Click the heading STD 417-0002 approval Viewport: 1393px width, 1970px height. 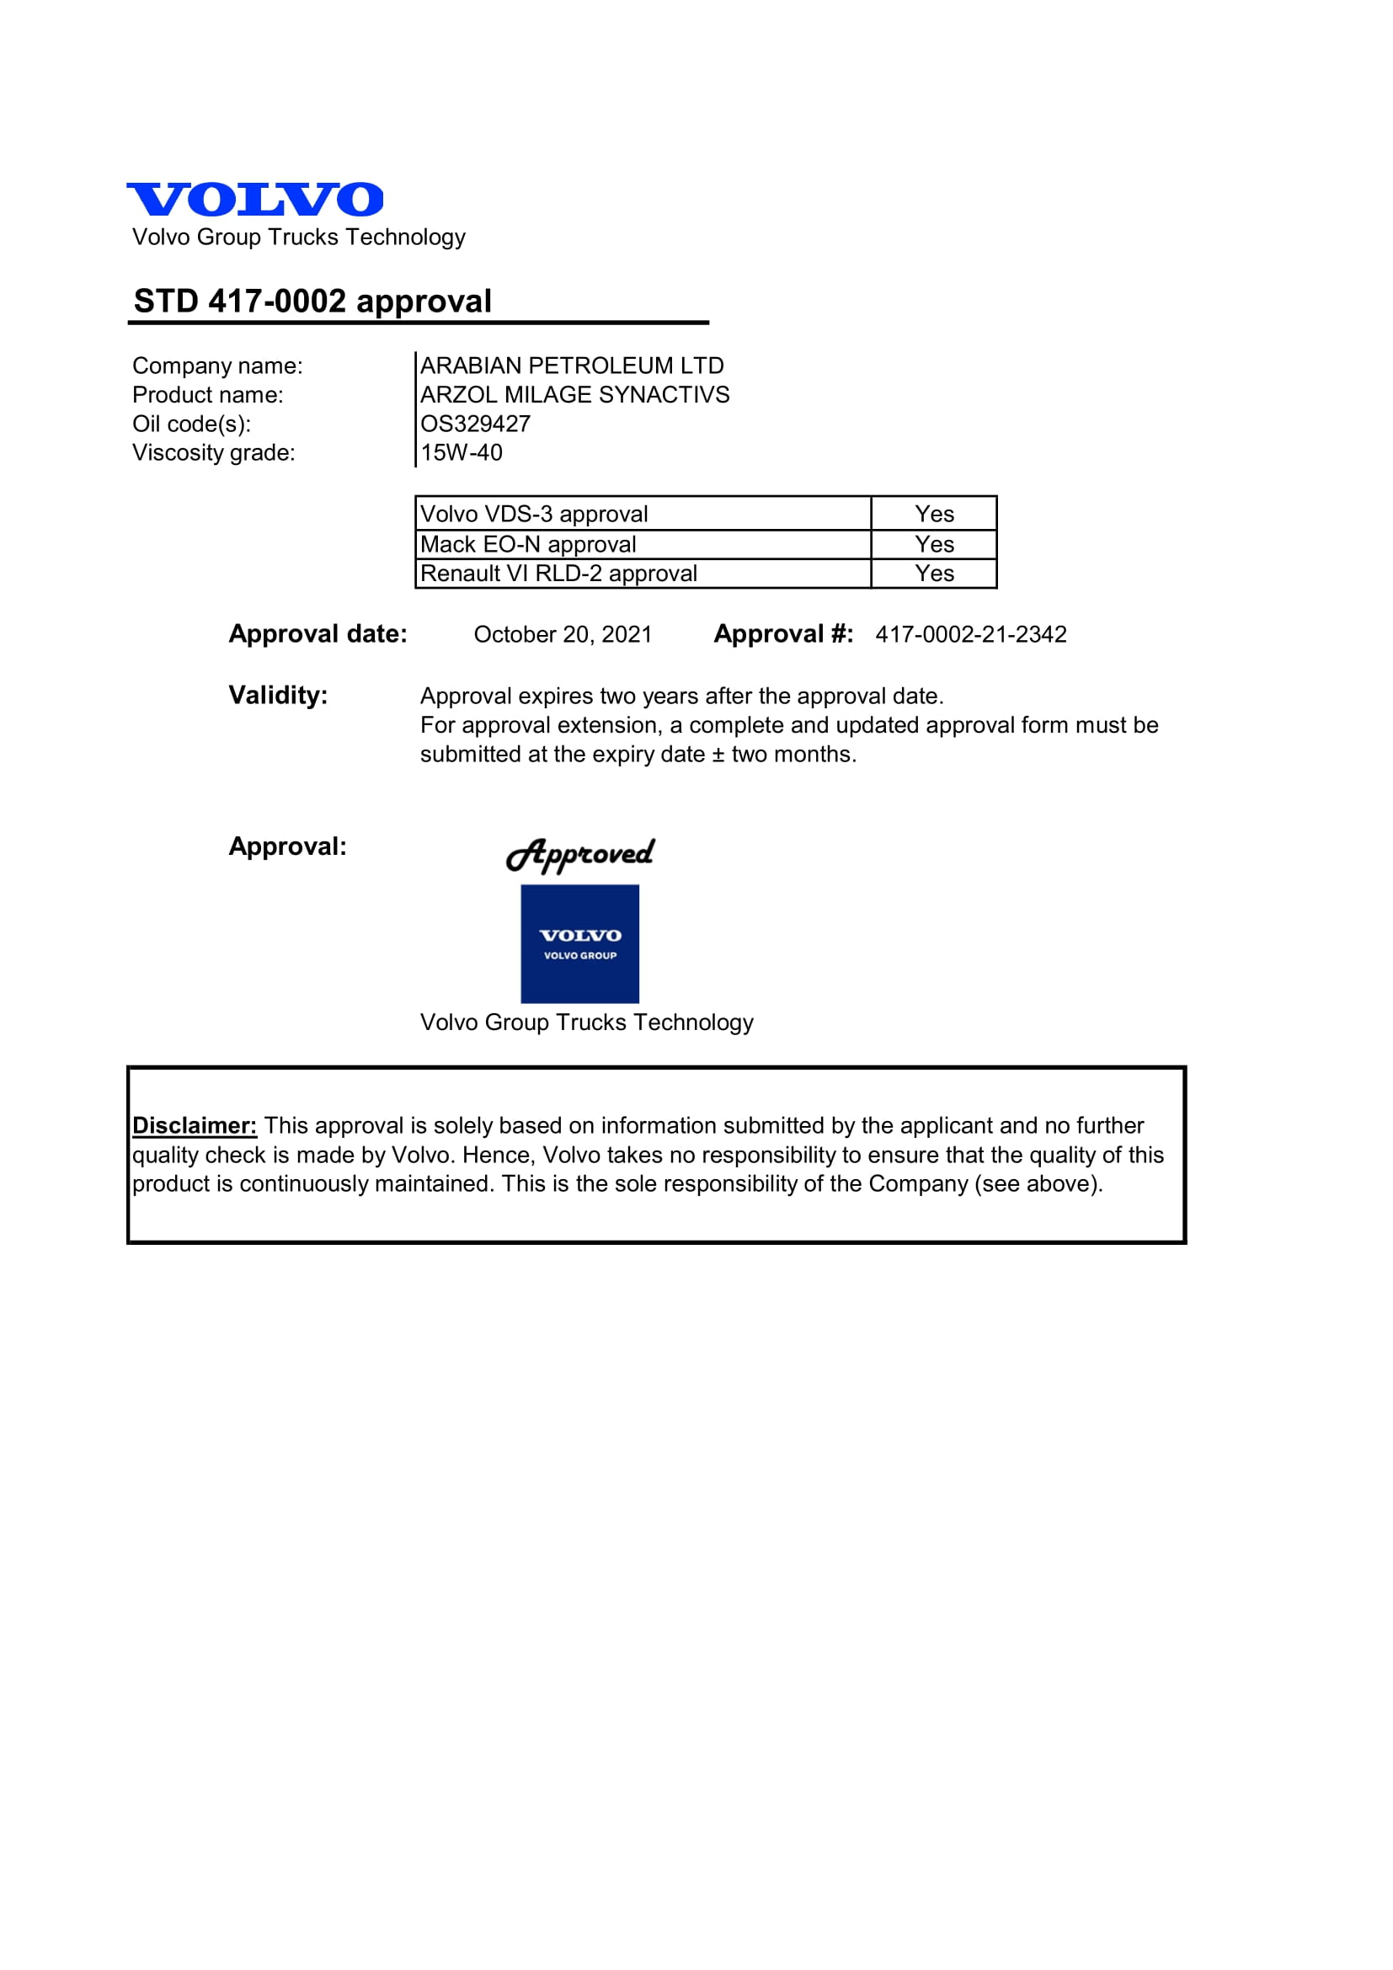312,302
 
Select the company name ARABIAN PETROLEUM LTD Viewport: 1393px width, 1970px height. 571,366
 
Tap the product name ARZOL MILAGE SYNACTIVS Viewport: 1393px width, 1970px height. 574,395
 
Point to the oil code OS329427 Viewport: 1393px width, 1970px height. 475,424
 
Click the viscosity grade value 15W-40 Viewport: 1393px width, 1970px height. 462,452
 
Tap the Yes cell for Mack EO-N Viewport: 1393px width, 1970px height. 934,544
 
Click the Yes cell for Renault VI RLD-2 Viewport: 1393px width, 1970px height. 934,574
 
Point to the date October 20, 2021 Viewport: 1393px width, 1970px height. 563,634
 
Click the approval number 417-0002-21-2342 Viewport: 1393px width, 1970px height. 971,634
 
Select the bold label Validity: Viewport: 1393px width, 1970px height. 278,695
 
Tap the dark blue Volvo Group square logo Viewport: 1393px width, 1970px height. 579,944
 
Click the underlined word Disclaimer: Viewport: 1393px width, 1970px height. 195,1126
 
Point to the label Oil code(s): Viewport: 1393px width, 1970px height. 191,424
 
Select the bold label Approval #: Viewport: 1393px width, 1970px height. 783,634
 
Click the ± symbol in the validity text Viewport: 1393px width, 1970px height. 718,755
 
